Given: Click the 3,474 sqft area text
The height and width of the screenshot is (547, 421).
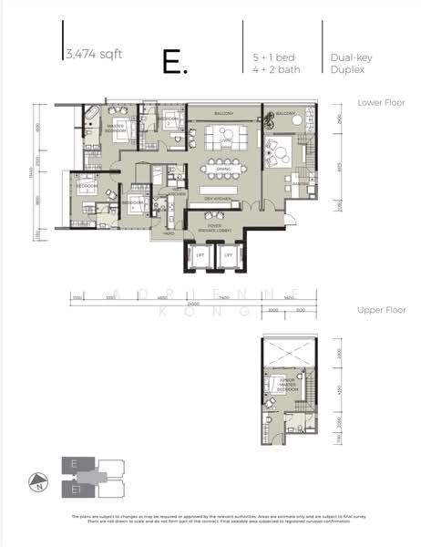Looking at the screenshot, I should [93, 54].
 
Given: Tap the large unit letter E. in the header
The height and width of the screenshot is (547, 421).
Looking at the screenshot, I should [175, 62].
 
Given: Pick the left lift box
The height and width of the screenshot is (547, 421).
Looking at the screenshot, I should [199, 258].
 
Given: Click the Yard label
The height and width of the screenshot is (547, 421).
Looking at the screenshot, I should [169, 233].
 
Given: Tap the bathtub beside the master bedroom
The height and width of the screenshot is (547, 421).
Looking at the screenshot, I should [91, 114].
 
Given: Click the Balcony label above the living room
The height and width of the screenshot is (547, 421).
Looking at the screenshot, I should [224, 113].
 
